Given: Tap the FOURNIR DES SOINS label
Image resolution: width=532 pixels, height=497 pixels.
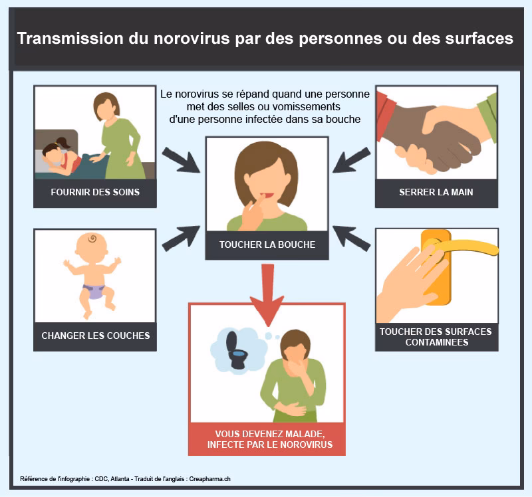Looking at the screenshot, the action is click(95, 192).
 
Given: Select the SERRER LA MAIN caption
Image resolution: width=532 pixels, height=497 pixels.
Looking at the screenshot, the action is click(436, 192).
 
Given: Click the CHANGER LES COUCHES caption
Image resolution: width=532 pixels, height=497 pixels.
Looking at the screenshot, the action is click(96, 336).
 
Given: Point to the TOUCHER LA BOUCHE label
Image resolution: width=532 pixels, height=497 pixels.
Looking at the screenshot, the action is click(267, 245).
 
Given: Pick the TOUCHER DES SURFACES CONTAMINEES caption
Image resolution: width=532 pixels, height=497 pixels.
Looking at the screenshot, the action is click(436, 337).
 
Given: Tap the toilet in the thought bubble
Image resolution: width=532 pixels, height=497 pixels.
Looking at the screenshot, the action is click(236, 351).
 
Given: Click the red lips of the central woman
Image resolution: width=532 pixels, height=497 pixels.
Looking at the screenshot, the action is click(268, 195).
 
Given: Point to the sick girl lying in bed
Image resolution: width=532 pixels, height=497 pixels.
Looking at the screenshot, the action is click(63, 159).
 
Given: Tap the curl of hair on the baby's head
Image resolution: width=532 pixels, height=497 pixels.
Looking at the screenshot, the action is click(92, 239).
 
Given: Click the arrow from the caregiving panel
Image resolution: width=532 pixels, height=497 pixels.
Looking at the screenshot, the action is click(180, 160).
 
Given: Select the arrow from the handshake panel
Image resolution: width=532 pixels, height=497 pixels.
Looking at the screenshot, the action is click(352, 160).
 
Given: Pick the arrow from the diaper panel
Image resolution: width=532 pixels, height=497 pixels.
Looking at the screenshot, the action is click(180, 239).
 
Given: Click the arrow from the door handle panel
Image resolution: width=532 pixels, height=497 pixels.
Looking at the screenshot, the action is click(352, 239).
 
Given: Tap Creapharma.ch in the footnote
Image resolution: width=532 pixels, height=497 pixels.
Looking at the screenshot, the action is click(209, 479).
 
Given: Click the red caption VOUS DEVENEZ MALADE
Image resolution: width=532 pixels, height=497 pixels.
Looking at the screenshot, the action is click(270, 434).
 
